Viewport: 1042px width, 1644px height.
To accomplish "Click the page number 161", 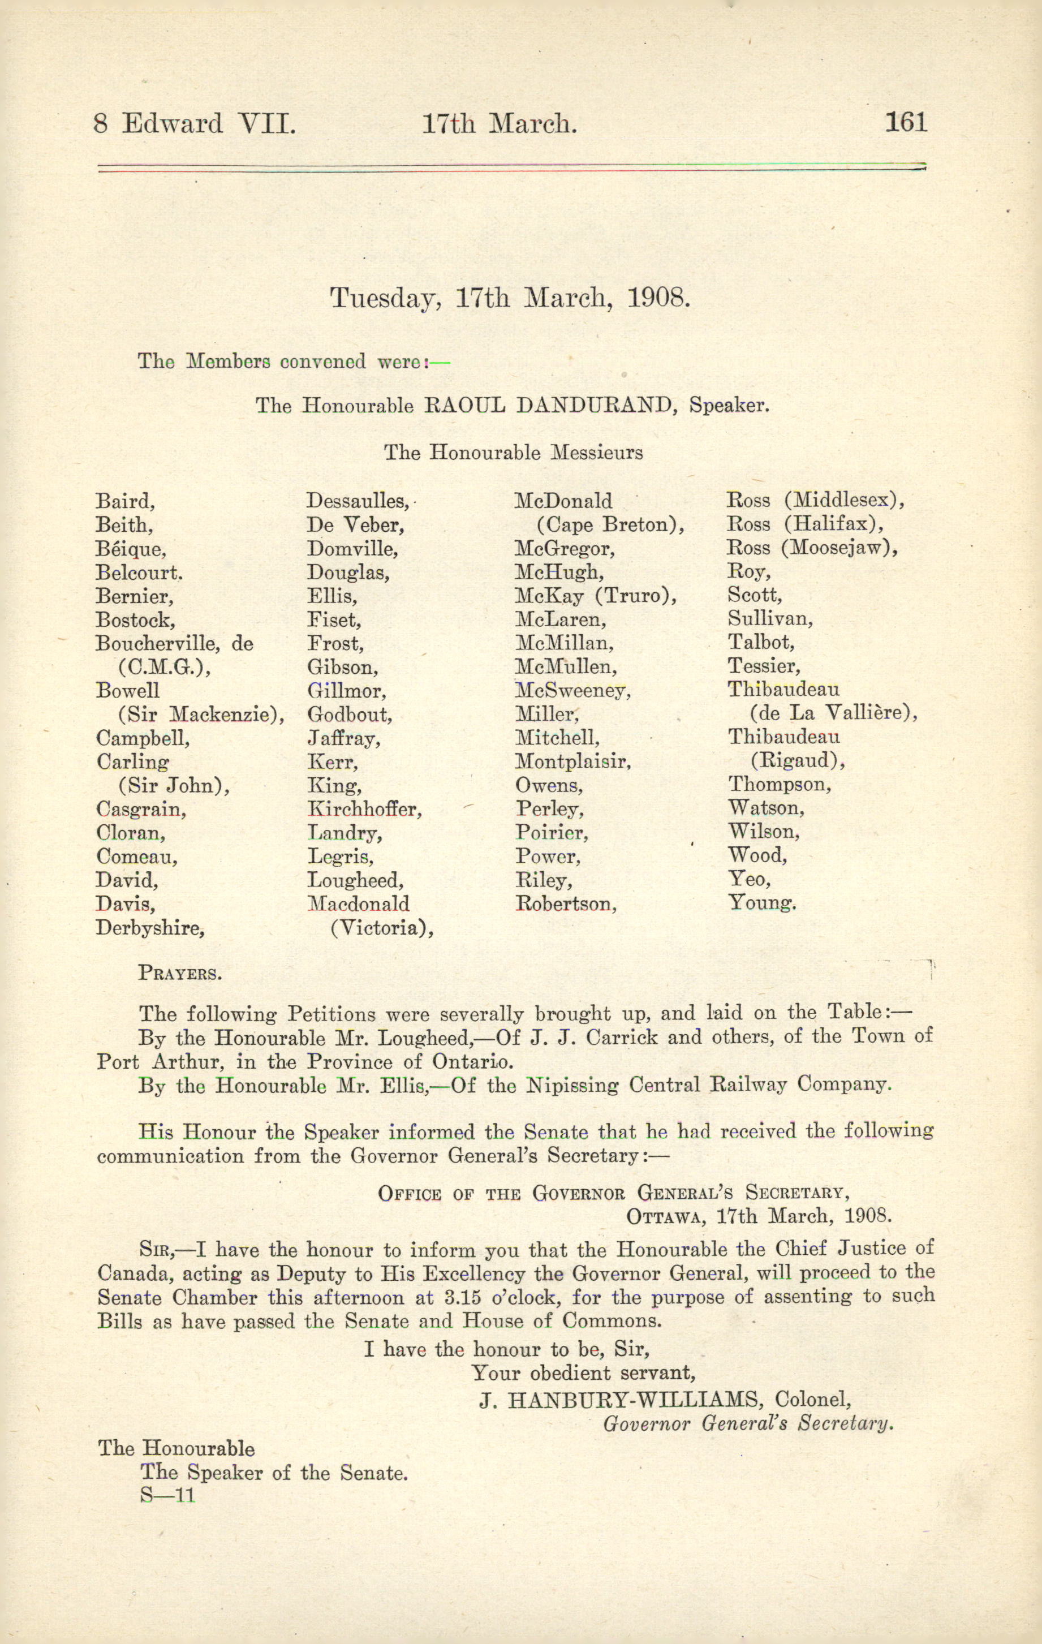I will [906, 123].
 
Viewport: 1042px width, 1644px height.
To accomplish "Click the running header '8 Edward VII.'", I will [195, 124].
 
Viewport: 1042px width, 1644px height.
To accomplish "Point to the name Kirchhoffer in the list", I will [364, 810].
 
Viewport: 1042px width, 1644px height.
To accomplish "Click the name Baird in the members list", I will [125, 502].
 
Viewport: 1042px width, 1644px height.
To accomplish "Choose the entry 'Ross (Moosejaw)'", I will [812, 548].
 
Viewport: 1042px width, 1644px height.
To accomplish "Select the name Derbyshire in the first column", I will [150, 928].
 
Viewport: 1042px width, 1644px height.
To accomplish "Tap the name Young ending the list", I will [762, 903].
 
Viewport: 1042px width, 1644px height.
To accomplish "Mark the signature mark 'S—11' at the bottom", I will [167, 1496].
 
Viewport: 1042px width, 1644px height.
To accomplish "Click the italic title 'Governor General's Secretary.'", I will [748, 1423].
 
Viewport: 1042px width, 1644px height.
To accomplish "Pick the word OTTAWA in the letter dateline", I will [659, 1217].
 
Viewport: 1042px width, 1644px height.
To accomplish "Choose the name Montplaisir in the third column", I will [572, 762].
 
